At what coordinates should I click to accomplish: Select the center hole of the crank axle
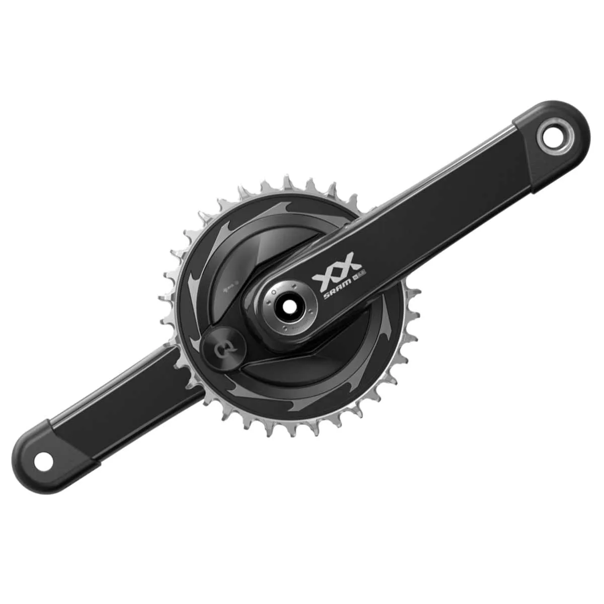pyautogui.click(x=290, y=307)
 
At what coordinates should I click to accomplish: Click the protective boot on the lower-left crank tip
pyautogui.click(x=55, y=456)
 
